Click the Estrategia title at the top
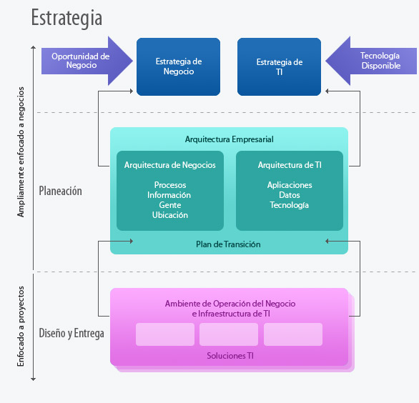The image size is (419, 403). tap(66, 18)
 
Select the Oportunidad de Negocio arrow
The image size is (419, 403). tap(87, 61)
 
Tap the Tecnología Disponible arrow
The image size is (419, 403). tap(371, 61)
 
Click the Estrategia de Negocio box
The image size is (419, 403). tap(178, 66)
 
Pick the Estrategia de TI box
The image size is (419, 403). tap(279, 66)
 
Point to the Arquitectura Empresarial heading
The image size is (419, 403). tap(230, 139)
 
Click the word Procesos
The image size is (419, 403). tap(170, 185)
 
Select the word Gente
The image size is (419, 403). tap(170, 205)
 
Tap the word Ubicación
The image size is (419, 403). tap(170, 215)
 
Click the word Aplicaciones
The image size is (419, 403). tap(290, 185)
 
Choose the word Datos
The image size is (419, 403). tap(290, 195)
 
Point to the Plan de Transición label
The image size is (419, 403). tap(228, 244)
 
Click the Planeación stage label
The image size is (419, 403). tap(60, 191)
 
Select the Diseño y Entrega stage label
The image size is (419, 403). tap(72, 333)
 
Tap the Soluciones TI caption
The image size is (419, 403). tap(230, 356)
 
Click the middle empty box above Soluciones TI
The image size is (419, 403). tap(229, 334)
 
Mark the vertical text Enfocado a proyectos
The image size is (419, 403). tap(21, 327)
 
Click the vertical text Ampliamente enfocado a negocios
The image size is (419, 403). tap(21, 152)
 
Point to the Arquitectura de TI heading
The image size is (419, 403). tap(290, 165)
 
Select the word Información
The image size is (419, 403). tap(169, 195)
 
